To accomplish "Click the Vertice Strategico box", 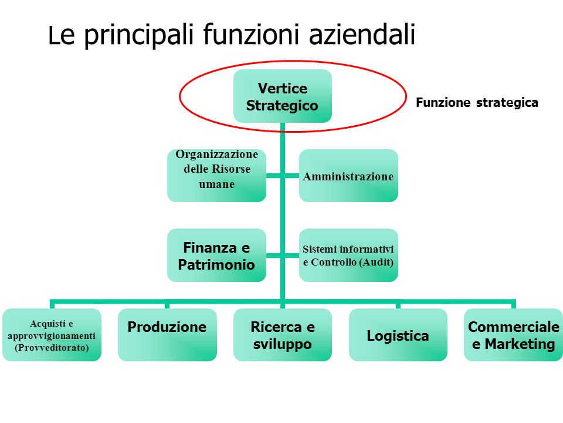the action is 283,96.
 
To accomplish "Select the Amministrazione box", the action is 348,176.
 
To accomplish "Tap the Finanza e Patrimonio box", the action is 216,255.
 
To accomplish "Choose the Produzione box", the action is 167,334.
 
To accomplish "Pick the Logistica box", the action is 398,334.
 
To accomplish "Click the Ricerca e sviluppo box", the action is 283,334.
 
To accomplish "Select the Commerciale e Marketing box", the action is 514,334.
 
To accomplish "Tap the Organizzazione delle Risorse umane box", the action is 216,176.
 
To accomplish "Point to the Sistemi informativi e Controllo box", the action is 348,255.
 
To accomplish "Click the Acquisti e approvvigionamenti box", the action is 52,334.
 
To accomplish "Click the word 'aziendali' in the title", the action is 362,35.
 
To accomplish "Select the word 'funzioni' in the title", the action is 251,35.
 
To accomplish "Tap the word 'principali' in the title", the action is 139,36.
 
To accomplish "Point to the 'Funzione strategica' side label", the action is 477,103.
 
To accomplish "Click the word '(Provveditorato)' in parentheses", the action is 52,348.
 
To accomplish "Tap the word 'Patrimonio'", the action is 216,265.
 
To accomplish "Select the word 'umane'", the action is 217,184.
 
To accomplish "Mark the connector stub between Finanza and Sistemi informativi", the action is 283,256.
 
